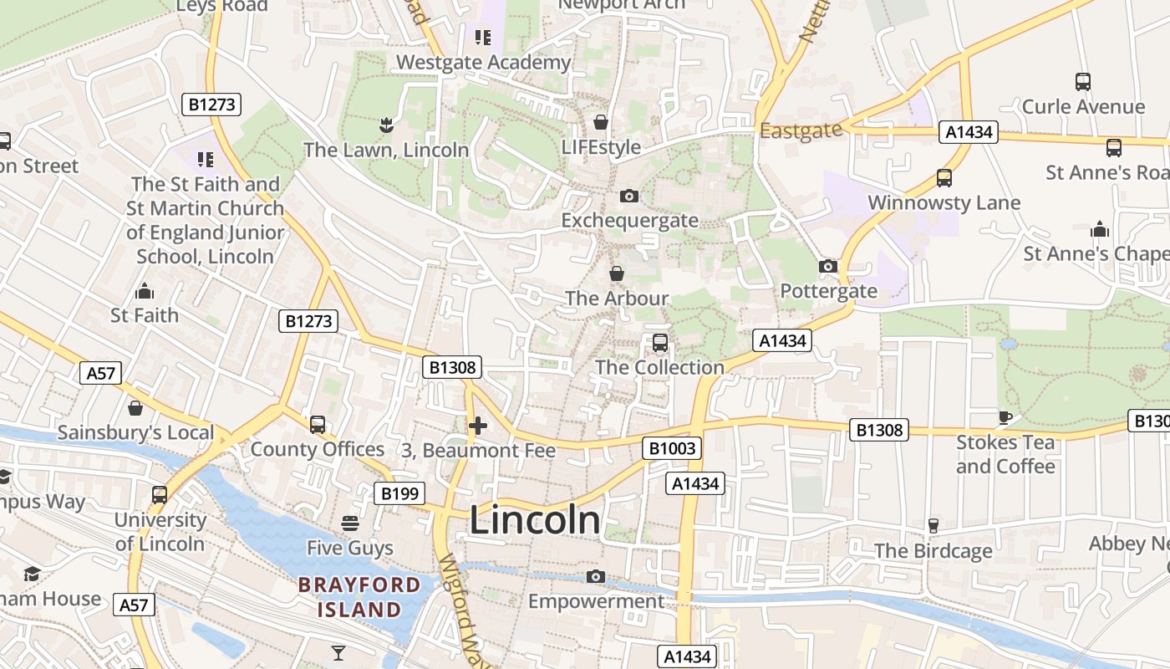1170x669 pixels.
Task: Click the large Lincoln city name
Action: click(535, 520)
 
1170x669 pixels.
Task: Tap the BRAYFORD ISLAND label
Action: click(359, 596)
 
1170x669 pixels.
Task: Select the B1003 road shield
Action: click(672, 448)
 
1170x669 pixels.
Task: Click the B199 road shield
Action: click(399, 493)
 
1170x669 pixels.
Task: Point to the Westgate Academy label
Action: click(483, 62)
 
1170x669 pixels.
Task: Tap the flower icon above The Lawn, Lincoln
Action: click(386, 125)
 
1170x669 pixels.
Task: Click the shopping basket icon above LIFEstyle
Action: click(600, 123)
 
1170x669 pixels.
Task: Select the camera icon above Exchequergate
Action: click(629, 196)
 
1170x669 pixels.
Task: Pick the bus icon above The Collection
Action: click(659, 343)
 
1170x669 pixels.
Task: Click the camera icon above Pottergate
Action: click(828, 266)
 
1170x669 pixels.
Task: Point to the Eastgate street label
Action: click(801, 130)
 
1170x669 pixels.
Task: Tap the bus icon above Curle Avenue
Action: click(1083, 82)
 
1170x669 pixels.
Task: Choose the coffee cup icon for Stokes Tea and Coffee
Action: click(1005, 417)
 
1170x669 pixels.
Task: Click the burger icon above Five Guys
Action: click(350, 523)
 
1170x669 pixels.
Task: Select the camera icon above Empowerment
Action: click(596, 576)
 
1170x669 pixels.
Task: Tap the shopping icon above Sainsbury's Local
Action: click(135, 408)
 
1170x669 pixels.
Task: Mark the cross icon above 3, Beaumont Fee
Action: click(478, 426)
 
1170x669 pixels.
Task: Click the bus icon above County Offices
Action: click(318, 424)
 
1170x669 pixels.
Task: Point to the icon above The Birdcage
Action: click(933, 526)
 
